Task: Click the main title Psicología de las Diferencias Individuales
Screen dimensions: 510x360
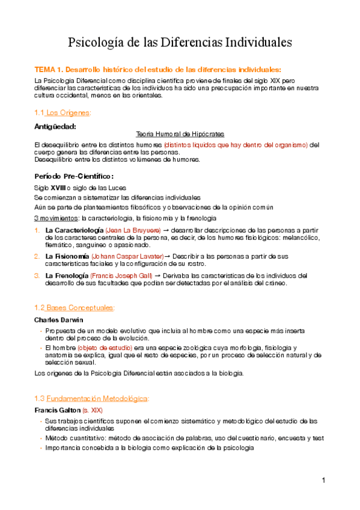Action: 180,43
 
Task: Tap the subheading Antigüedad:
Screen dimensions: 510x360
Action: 55,126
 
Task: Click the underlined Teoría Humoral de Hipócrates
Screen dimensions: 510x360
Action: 180,134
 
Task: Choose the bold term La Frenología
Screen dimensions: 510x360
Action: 69,276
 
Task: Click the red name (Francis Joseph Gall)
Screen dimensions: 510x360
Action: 129,276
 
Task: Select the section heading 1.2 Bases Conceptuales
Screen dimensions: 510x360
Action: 75,308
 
